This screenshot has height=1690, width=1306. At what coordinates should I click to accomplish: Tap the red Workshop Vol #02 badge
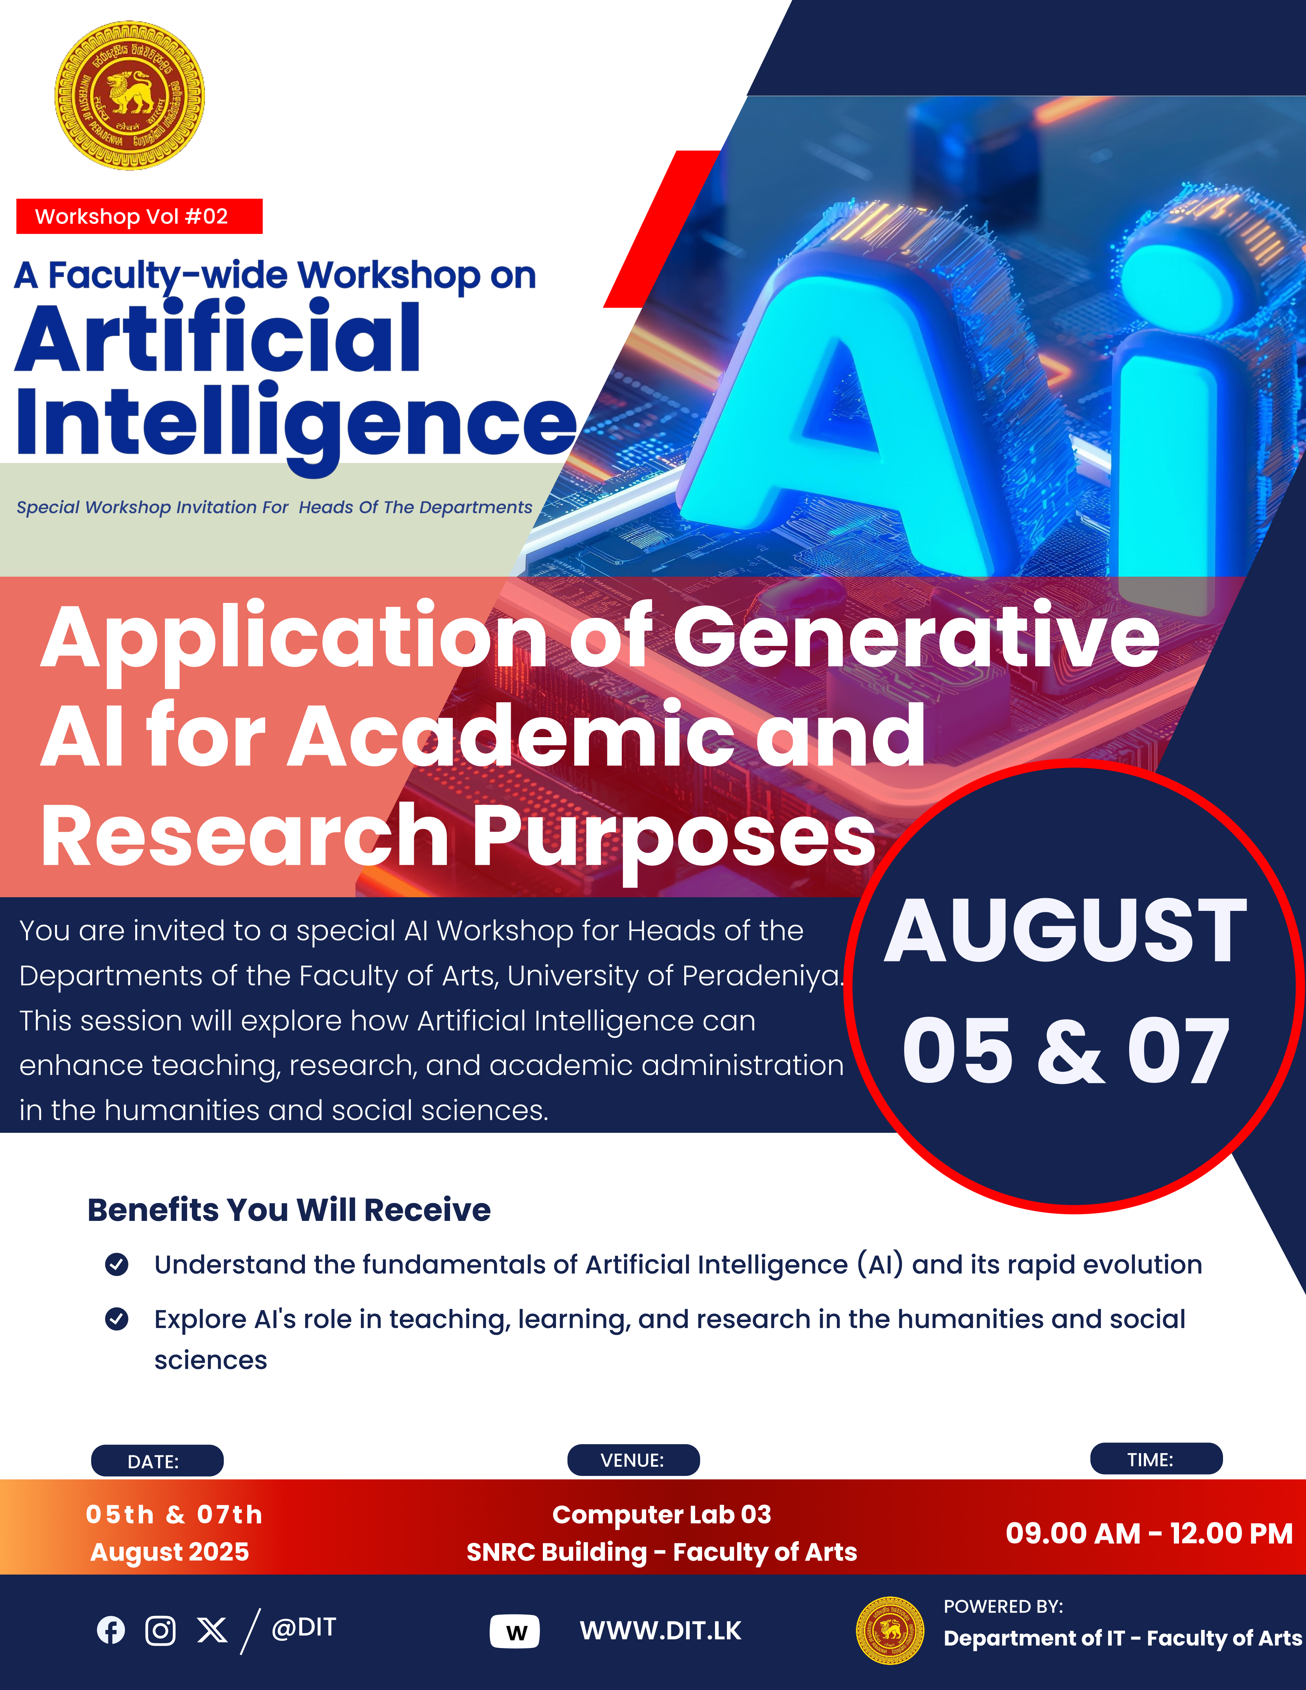(139, 216)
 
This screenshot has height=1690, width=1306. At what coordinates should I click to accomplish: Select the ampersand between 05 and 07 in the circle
(1070, 1051)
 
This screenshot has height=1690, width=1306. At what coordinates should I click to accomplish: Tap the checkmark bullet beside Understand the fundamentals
(117, 1264)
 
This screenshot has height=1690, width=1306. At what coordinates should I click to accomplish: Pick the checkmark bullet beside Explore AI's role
(117, 1319)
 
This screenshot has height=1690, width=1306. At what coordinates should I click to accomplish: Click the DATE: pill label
(157, 1461)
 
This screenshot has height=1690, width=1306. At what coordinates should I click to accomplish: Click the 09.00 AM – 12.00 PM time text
(1149, 1533)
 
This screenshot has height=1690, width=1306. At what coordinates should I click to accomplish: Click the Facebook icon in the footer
(111, 1630)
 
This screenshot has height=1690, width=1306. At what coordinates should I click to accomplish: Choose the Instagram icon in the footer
(160, 1630)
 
